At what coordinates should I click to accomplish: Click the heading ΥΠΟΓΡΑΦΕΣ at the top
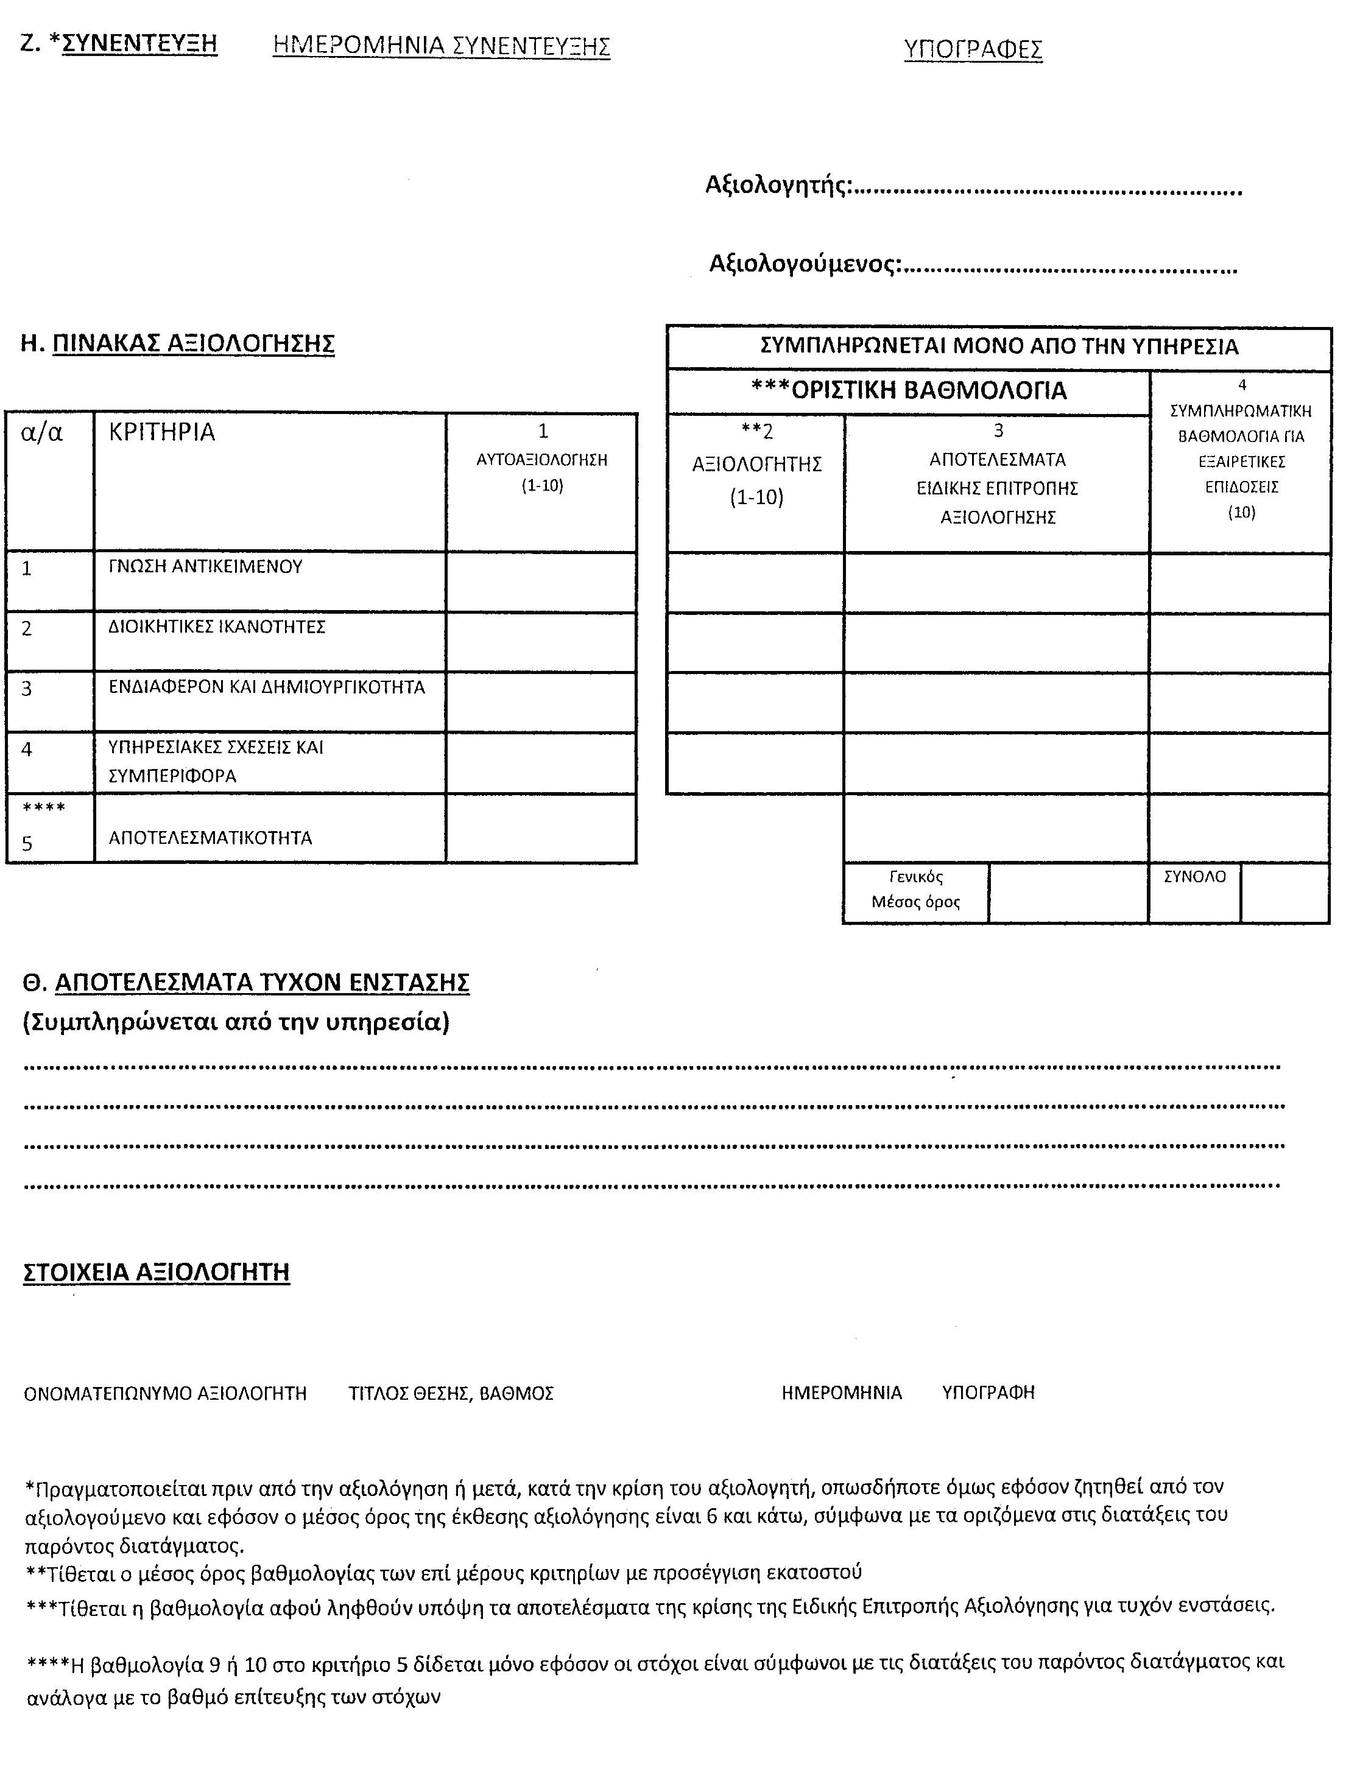pyautogui.click(x=973, y=50)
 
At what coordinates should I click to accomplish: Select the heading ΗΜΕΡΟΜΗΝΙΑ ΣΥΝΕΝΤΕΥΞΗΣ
pyautogui.click(x=441, y=46)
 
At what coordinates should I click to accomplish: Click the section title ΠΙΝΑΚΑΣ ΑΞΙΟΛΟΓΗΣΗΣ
pyautogui.click(x=192, y=344)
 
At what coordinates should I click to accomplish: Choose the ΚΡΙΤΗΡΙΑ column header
pyautogui.click(x=162, y=433)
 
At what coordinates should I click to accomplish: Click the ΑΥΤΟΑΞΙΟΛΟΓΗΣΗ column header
pyautogui.click(x=542, y=460)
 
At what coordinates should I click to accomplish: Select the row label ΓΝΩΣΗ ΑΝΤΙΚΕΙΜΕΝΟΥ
pyautogui.click(x=205, y=567)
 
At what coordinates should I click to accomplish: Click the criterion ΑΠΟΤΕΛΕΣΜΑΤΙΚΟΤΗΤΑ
pyautogui.click(x=210, y=838)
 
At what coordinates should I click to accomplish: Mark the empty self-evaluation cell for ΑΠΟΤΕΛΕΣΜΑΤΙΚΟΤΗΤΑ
pyautogui.click(x=541, y=829)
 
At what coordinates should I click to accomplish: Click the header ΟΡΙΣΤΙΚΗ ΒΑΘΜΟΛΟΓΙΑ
pyautogui.click(x=908, y=391)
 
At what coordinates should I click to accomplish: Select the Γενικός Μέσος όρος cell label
pyautogui.click(x=915, y=890)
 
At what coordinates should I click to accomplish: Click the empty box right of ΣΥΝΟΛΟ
pyautogui.click(x=1284, y=893)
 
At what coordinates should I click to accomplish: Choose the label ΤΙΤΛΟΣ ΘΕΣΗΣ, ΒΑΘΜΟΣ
pyautogui.click(x=451, y=1394)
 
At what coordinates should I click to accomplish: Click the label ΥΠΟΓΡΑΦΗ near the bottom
pyautogui.click(x=988, y=1393)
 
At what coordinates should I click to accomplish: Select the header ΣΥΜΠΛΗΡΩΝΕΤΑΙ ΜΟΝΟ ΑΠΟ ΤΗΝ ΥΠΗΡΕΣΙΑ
pyautogui.click(x=999, y=347)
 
